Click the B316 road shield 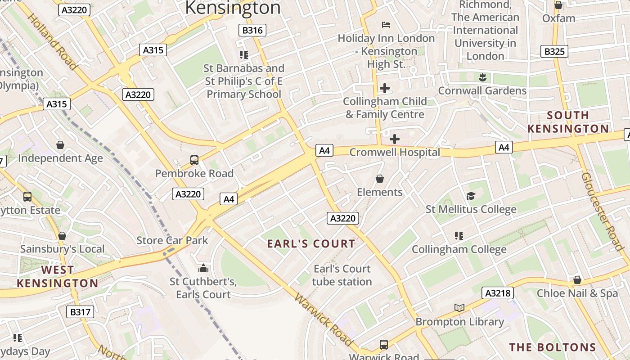[x=252, y=30]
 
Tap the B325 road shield [x=554, y=51]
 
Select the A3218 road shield [x=498, y=293]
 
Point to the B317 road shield [x=80, y=311]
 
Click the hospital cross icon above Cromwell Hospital [x=395, y=139]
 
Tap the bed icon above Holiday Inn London [x=386, y=24]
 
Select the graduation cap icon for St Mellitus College [x=471, y=196]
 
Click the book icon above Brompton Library [x=459, y=308]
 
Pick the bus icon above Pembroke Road [x=194, y=160]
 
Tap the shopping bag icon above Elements [x=380, y=179]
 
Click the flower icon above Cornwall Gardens [x=482, y=77]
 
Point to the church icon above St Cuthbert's [x=203, y=269]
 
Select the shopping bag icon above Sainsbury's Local [x=62, y=236]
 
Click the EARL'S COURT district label [x=311, y=244]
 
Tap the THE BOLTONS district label [x=553, y=347]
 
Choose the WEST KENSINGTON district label [x=57, y=277]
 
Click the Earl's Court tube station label [x=342, y=275]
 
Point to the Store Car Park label [x=172, y=240]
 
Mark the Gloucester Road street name [x=602, y=211]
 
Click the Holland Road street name [x=52, y=41]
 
